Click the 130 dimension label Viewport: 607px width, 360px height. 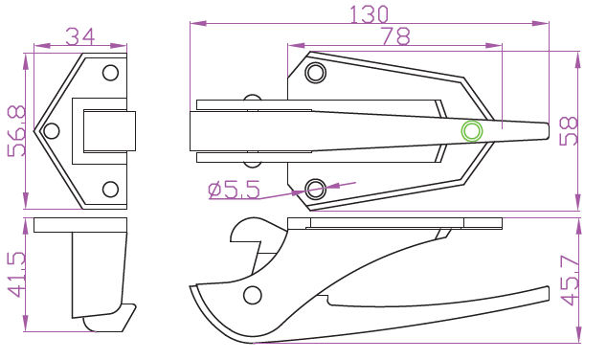369,14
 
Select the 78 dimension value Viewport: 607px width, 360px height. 395,36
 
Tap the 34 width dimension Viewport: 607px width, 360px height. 80,36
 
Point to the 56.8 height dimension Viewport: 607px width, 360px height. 16,131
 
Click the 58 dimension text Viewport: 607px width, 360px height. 569,131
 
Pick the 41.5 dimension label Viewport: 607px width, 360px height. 16,275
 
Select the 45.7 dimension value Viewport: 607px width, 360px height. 570,281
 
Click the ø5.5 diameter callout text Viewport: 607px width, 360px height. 234,190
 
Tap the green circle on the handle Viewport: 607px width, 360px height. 472,131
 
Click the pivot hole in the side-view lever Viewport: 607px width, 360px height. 253,295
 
